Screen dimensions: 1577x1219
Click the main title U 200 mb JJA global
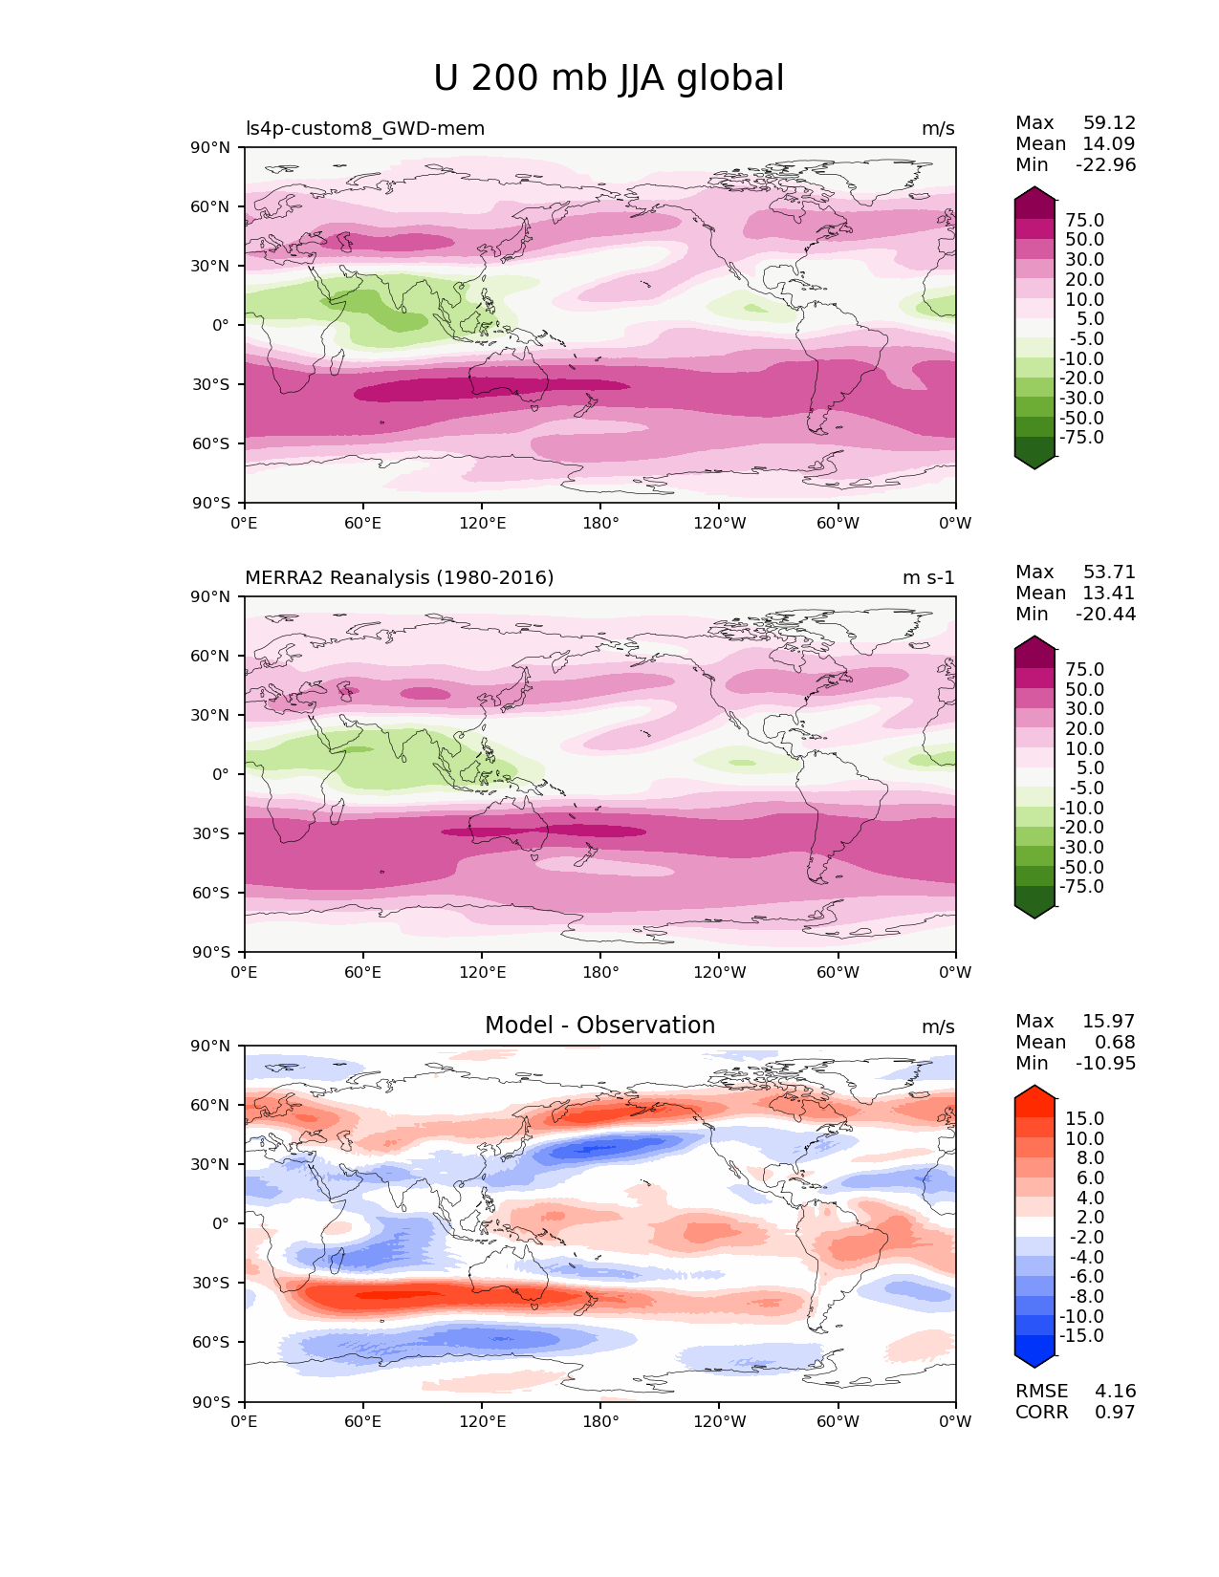pos(608,78)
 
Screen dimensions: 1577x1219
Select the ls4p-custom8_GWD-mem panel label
pos(365,128)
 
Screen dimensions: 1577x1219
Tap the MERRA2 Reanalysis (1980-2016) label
pos(399,577)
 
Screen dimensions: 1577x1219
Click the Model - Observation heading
pos(599,1026)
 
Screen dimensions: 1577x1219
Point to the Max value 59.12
pos(1109,122)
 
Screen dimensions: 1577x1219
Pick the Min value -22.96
pos(1105,164)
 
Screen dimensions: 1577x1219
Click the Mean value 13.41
pos(1108,593)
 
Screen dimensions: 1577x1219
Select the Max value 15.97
pos(1108,1021)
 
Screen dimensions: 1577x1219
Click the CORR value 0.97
pos(1115,1412)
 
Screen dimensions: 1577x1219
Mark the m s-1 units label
pos(928,577)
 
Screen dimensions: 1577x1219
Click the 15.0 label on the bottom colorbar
pos(1084,1118)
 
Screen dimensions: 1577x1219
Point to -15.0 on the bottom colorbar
pos(1081,1335)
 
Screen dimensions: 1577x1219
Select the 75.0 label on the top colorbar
pos(1084,220)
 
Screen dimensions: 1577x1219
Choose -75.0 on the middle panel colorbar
pos(1081,886)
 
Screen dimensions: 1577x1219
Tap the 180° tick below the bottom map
pos(600,1421)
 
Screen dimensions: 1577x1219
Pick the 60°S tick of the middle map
pos(211,893)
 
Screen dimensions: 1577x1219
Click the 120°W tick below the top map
pos(719,523)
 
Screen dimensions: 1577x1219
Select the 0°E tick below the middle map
pos(245,972)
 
